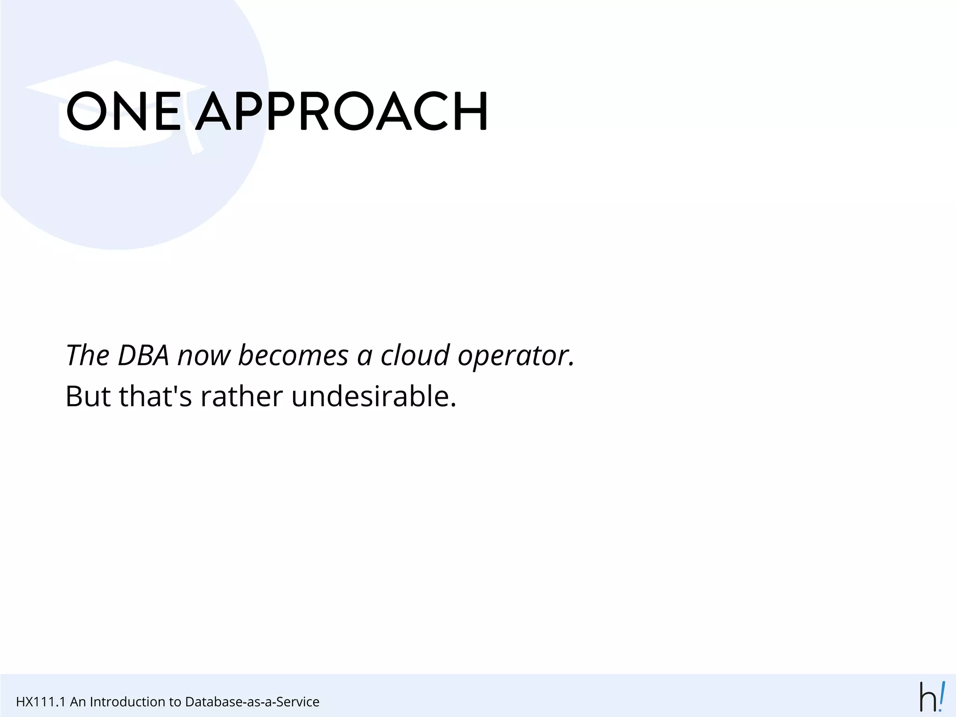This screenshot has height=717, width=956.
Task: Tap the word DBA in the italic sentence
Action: pos(143,356)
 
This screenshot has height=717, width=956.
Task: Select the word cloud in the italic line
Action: pos(415,356)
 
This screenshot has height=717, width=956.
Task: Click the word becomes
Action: pos(293,356)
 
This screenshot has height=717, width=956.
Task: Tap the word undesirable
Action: pos(373,396)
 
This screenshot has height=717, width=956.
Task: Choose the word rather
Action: pos(242,396)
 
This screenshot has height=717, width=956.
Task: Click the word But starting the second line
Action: pos(88,396)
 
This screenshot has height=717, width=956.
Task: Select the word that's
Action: pos(155,396)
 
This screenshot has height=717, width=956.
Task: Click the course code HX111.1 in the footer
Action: pos(41,702)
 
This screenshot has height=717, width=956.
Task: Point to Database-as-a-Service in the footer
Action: pos(252,702)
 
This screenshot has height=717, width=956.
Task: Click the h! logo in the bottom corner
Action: pos(932,697)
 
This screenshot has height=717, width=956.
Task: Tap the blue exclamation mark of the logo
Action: pos(942,696)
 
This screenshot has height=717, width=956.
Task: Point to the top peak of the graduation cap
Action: pos(115,61)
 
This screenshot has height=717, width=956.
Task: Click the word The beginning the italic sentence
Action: pos(87,356)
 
